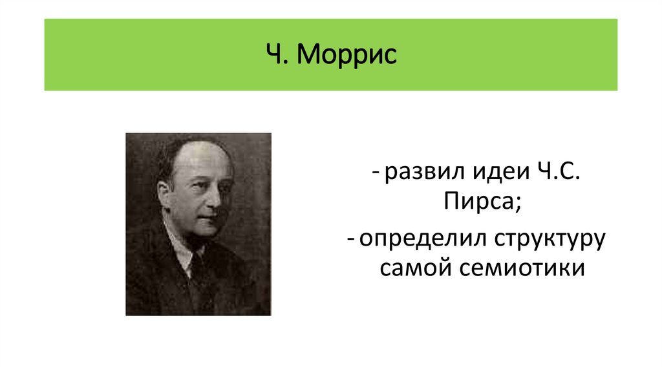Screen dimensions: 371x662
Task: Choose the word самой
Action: tap(411, 267)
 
